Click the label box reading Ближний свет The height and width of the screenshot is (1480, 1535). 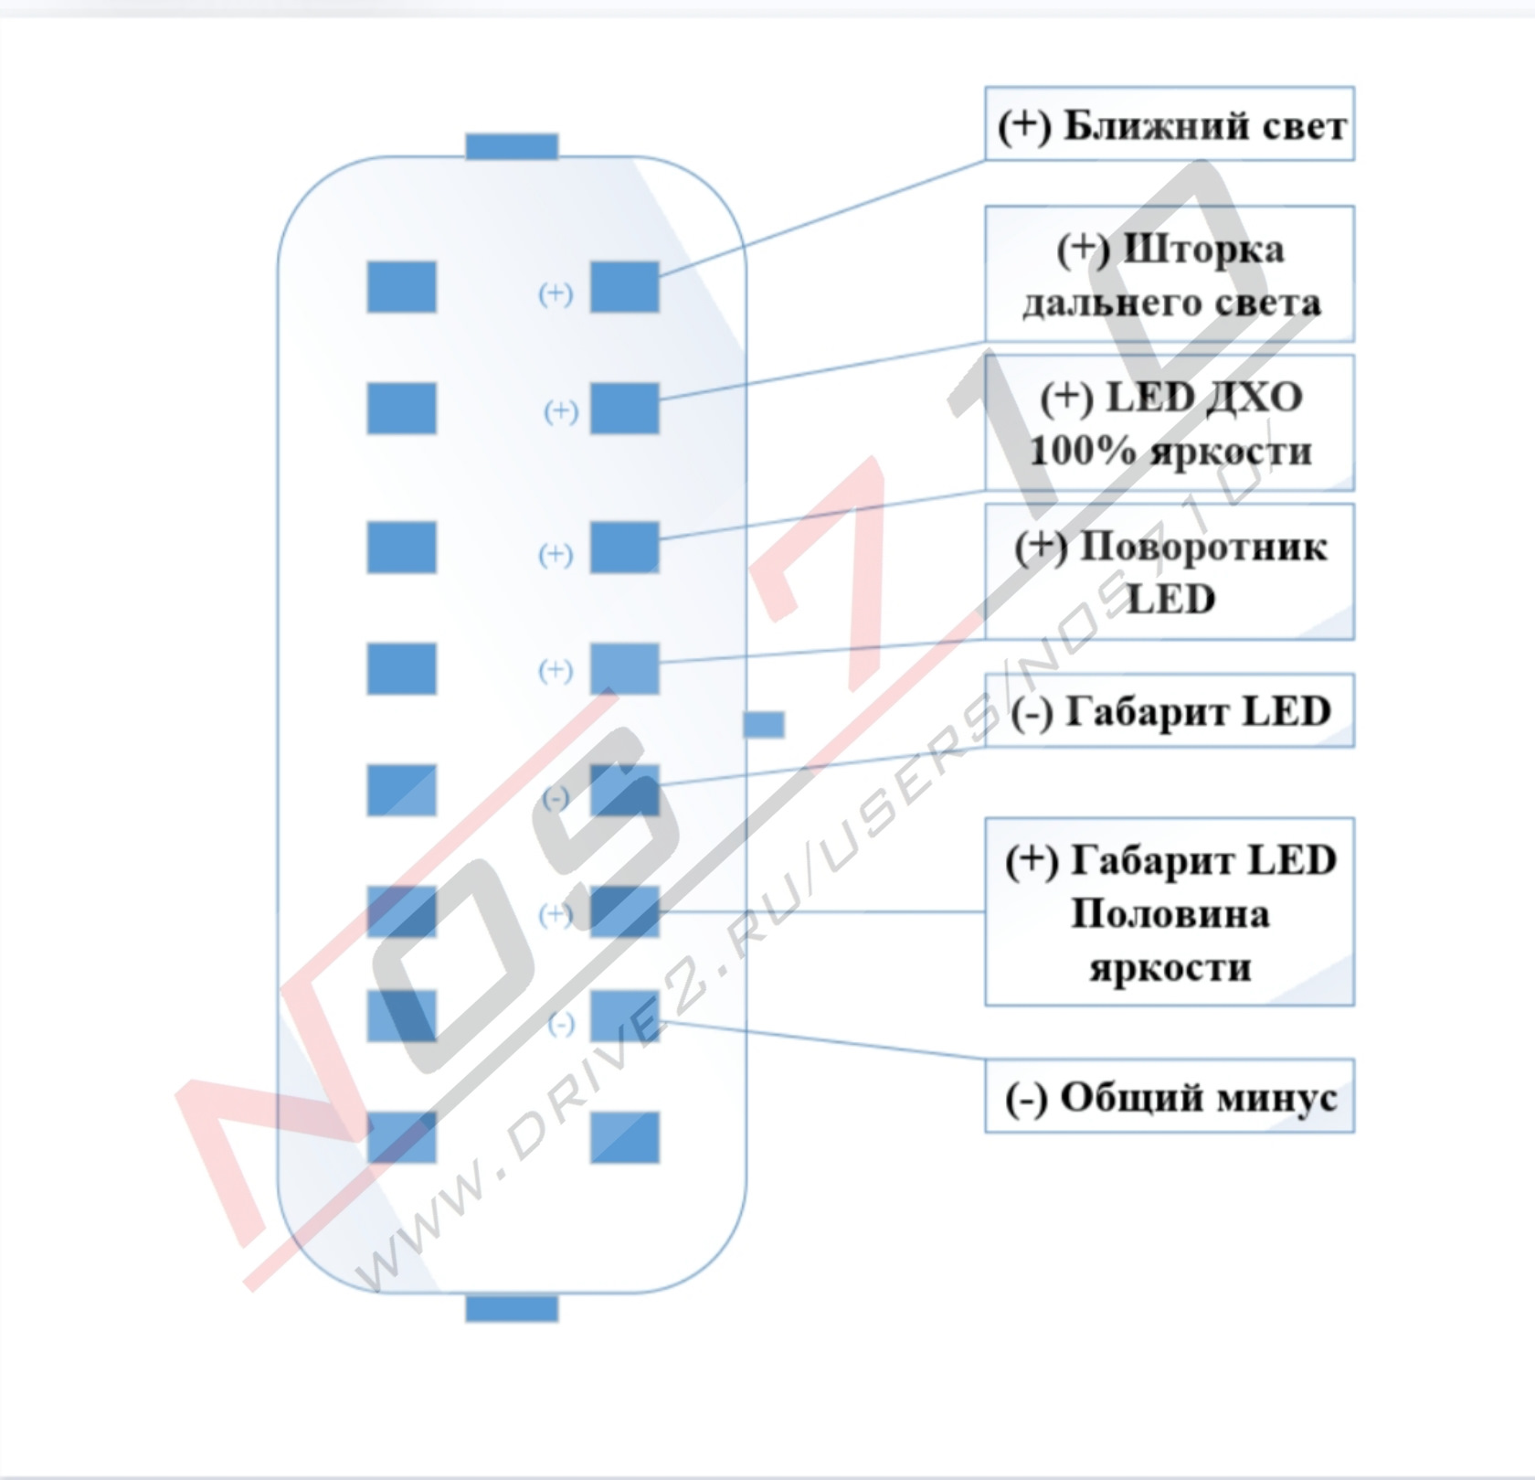point(1169,124)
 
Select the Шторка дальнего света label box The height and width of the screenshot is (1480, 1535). point(1169,274)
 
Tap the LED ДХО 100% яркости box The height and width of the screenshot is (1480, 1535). point(1169,423)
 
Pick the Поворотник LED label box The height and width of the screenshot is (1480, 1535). point(1169,571)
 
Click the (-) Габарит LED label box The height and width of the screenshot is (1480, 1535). point(1169,711)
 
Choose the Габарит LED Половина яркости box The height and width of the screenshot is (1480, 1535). point(1169,912)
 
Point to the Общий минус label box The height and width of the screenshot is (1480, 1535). point(1169,1096)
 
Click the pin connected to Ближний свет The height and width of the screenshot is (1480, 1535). point(624,287)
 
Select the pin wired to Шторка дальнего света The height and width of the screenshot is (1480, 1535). point(624,408)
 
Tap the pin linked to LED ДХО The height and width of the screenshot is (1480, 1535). point(624,547)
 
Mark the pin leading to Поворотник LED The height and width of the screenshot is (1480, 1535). point(624,668)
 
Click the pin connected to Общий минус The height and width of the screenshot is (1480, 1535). point(624,1016)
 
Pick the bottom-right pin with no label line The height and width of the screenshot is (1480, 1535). point(624,1137)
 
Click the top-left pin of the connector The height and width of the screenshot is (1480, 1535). point(401,287)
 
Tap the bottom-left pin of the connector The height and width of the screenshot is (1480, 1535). point(401,1137)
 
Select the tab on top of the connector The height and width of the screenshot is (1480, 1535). point(512,146)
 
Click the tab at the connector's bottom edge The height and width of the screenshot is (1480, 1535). point(512,1308)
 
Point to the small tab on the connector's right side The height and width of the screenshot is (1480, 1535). point(763,725)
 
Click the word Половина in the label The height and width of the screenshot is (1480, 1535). point(1170,913)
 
